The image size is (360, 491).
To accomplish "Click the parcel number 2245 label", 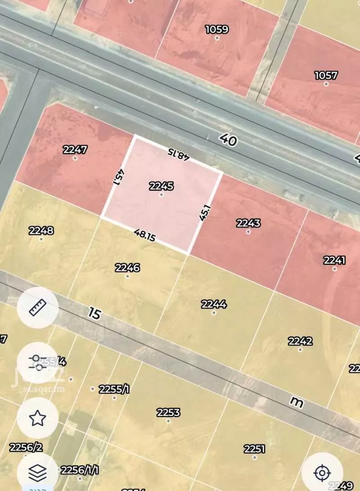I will pos(161,186).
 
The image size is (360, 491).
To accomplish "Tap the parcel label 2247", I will pos(75,150).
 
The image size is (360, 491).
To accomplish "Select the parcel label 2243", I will pos(248,223).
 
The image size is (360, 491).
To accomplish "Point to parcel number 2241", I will pos(334,260).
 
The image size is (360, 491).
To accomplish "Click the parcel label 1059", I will pos(217,30).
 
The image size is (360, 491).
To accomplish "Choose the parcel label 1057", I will pos(326,75).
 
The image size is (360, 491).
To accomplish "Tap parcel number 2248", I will pos(41,231).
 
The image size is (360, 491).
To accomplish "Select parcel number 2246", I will pos(127,268).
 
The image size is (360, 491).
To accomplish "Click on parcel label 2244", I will pos(214,304).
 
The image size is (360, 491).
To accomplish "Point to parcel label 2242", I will pos(300,341).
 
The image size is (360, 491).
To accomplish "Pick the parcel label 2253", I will pos(168,412).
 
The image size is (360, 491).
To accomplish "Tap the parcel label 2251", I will pos(254,449).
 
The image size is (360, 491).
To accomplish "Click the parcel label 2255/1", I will pos(114,389).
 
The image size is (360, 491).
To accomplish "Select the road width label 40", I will pos(228,140).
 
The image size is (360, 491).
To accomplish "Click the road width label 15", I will pos(94,313).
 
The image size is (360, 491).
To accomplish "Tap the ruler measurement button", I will pos(38,308).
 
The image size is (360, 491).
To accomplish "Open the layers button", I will pos(38,472).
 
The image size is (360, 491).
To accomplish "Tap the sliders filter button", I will pos(38,362).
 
